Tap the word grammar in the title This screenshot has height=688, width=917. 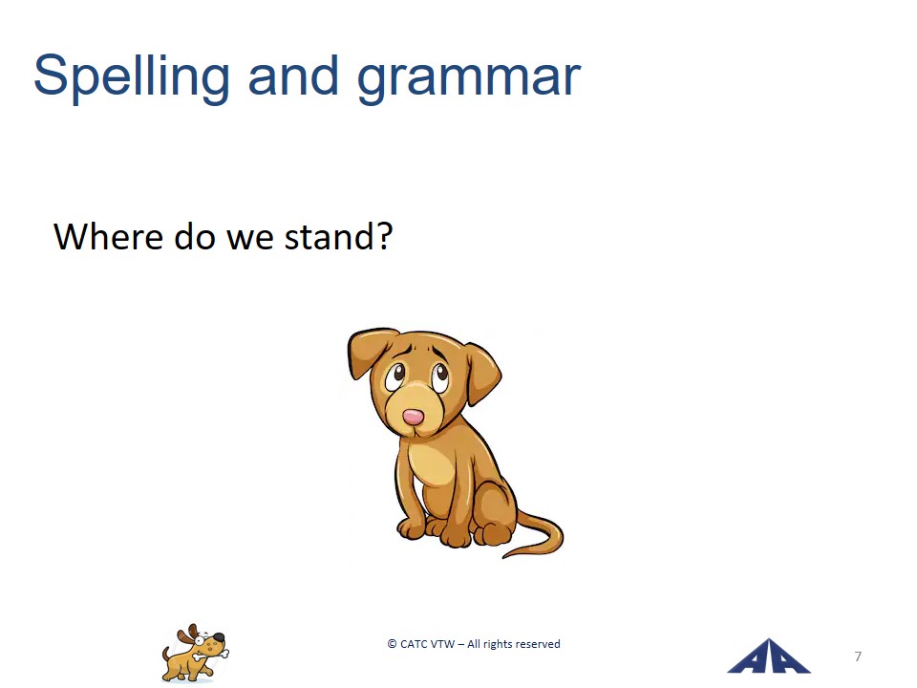[x=469, y=79]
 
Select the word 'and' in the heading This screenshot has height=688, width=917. [x=293, y=75]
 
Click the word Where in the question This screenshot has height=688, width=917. [x=108, y=236]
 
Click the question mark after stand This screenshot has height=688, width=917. [x=384, y=236]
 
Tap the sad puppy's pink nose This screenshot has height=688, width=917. [x=413, y=417]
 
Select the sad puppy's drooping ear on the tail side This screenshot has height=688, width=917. [x=482, y=374]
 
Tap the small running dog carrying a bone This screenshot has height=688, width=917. [x=195, y=653]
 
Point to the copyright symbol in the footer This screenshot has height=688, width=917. [x=392, y=643]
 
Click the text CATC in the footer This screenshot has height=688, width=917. [x=414, y=643]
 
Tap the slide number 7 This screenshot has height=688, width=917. [x=858, y=656]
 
